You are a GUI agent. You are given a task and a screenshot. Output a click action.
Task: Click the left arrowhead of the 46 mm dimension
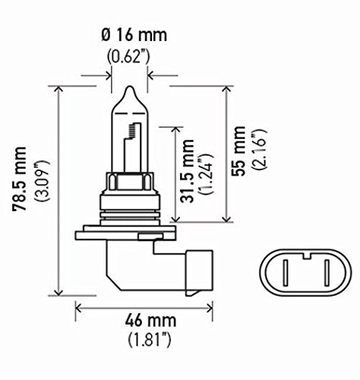click(x=78, y=309)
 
